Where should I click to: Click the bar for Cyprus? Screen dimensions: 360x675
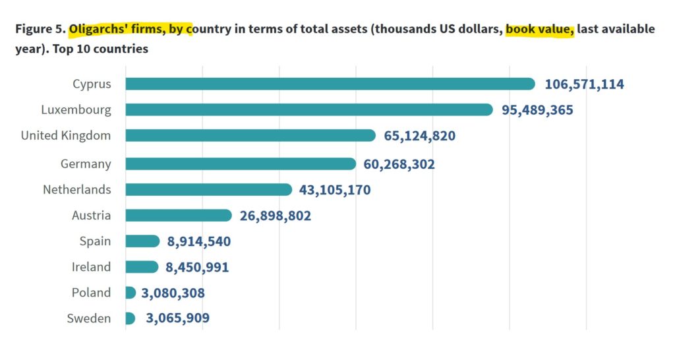coord(330,84)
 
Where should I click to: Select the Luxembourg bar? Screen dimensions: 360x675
coord(308,109)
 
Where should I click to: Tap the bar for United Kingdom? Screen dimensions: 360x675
coord(250,135)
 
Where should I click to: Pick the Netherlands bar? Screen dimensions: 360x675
coord(208,190)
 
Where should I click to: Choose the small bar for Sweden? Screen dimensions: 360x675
coord(130,318)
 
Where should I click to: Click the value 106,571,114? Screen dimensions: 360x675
coord(584,84)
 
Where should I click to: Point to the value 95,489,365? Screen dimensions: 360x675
coord(537,110)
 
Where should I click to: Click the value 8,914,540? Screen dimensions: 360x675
coord(199,241)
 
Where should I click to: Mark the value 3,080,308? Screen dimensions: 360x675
coord(173,293)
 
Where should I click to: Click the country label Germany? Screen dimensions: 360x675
coord(86,164)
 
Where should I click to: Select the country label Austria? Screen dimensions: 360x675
coord(92,215)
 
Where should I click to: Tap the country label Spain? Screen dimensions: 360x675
coord(95,241)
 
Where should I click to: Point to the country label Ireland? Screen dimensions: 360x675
coord(91,266)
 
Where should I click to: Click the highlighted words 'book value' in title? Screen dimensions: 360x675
coord(540,30)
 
